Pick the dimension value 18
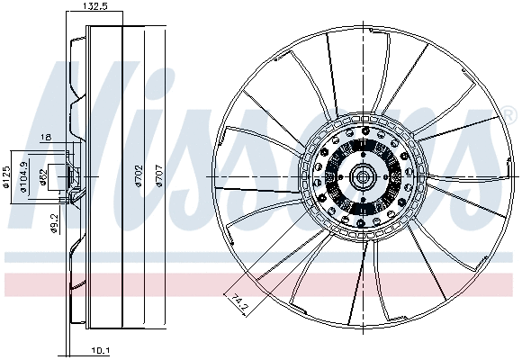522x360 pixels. [46, 138]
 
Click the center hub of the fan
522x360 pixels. [365, 176]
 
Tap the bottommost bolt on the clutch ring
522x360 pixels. [365, 226]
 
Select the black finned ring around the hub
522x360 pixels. [342, 176]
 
